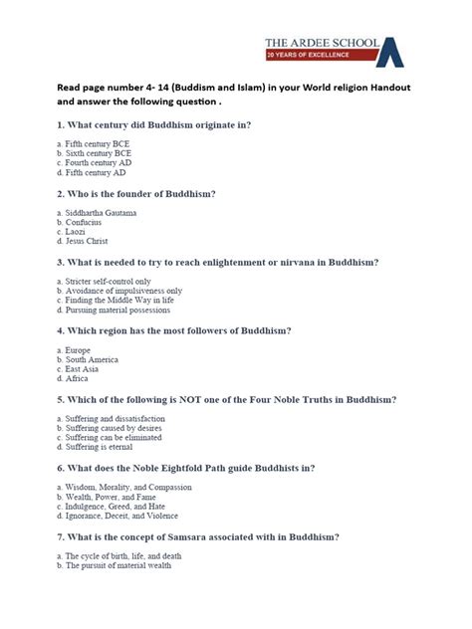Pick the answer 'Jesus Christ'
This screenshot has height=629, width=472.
tap(87, 242)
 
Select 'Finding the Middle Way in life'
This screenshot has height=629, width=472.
tap(118, 300)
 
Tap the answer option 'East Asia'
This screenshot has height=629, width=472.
tap(82, 368)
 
